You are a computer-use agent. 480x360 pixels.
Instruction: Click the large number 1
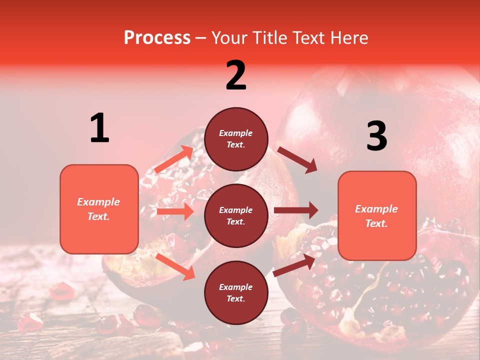click(99, 128)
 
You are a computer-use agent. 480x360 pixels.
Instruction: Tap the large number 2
click(236, 75)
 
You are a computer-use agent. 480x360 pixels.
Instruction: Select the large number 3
click(376, 136)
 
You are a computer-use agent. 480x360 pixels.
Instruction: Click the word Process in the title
click(157, 37)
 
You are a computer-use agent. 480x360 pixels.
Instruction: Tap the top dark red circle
click(236, 139)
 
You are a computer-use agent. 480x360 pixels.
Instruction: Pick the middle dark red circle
click(236, 216)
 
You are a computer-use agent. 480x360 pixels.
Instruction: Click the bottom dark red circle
click(236, 293)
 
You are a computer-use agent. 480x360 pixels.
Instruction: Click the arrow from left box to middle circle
click(175, 212)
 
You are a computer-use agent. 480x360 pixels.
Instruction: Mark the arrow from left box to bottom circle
click(175, 266)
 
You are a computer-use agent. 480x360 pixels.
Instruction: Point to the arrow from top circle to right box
click(297, 159)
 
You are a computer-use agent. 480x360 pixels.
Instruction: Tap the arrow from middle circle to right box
click(296, 210)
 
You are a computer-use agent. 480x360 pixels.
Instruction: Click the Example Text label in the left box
click(98, 209)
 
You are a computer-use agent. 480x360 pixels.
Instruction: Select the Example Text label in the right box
click(376, 216)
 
